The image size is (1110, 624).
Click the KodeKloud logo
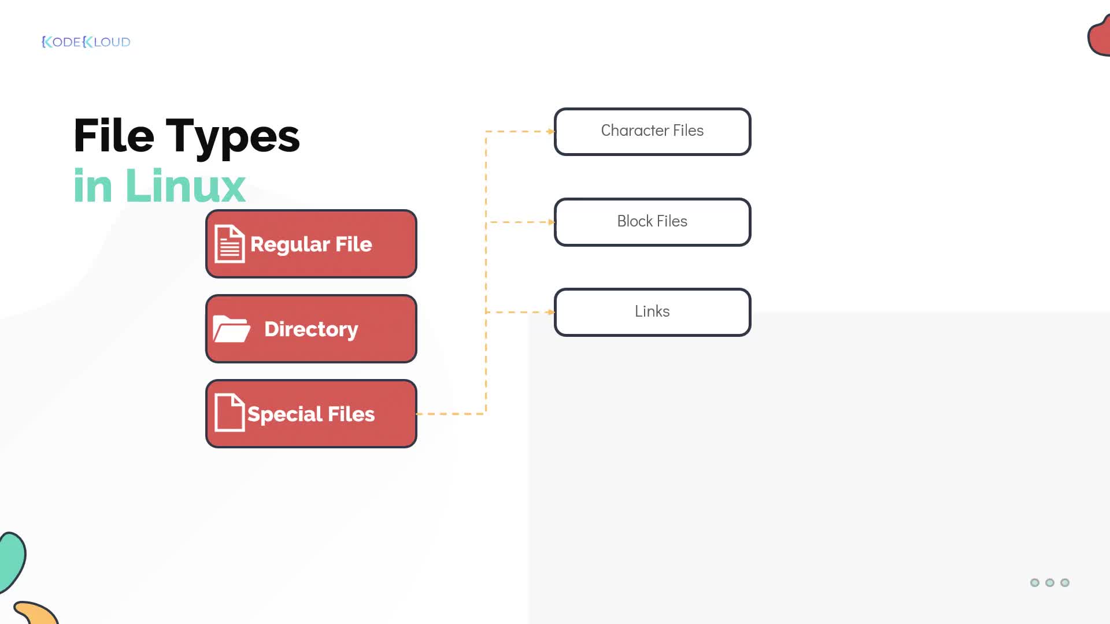click(x=86, y=42)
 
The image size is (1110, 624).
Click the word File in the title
click(x=114, y=136)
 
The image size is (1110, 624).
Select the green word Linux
click(x=185, y=185)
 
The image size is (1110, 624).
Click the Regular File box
click(x=311, y=244)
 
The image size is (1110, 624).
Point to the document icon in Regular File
click(x=230, y=244)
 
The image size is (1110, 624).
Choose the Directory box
click(x=311, y=329)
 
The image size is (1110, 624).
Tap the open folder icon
click(x=231, y=329)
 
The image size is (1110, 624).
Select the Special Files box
click(x=311, y=414)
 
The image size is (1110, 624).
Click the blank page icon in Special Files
click(x=230, y=413)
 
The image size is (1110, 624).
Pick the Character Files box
click(x=653, y=132)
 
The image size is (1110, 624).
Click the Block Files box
click(x=653, y=222)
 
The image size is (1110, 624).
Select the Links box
click(x=653, y=312)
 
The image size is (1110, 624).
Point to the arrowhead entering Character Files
click(x=551, y=132)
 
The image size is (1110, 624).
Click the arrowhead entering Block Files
click(x=551, y=222)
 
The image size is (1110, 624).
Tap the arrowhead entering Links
click(x=551, y=312)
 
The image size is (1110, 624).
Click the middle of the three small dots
click(x=1050, y=582)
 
